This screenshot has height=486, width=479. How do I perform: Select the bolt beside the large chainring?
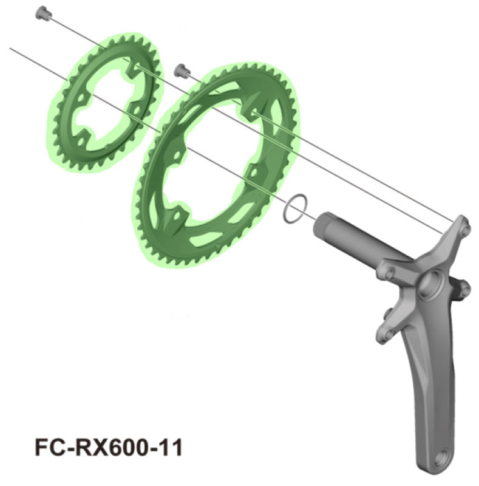coord(180,69)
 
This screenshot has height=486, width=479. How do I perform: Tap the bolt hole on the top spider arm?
coord(464,228)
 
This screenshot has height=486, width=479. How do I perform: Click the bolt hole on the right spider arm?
coord(464,290)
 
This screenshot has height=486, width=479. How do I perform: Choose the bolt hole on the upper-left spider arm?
coord(387,272)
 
